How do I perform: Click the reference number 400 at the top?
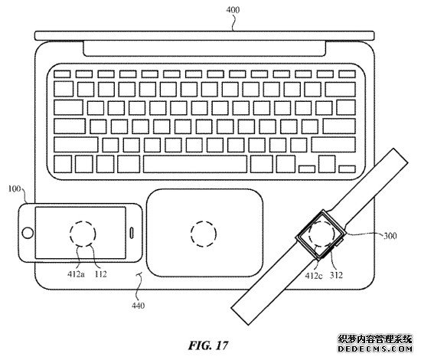[233, 10]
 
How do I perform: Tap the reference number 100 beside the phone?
[15, 189]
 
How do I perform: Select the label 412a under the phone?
[76, 274]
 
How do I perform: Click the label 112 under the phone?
[101, 274]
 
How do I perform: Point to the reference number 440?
[139, 306]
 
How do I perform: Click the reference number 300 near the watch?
[390, 236]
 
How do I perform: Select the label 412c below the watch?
[314, 276]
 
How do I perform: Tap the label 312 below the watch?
[336, 275]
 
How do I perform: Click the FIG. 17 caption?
[208, 345]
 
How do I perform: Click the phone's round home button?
[28, 233]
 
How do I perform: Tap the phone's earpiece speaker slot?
[132, 233]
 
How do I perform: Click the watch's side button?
[339, 243]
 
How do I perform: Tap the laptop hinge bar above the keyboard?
[204, 35]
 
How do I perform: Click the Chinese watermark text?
[375, 339]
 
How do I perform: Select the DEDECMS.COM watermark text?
[375, 349]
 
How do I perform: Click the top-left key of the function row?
[62, 74]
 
